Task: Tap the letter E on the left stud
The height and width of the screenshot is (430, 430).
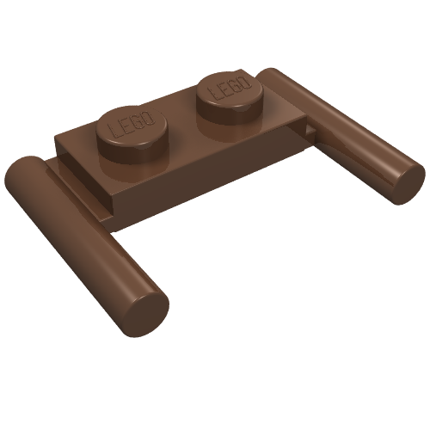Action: pyautogui.click(x=126, y=126)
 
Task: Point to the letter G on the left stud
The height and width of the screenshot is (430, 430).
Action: pyautogui.click(x=138, y=121)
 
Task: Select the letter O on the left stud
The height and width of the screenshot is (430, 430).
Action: pyautogui.click(x=149, y=118)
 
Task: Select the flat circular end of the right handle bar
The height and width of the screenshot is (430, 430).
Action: pyautogui.click(x=408, y=183)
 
